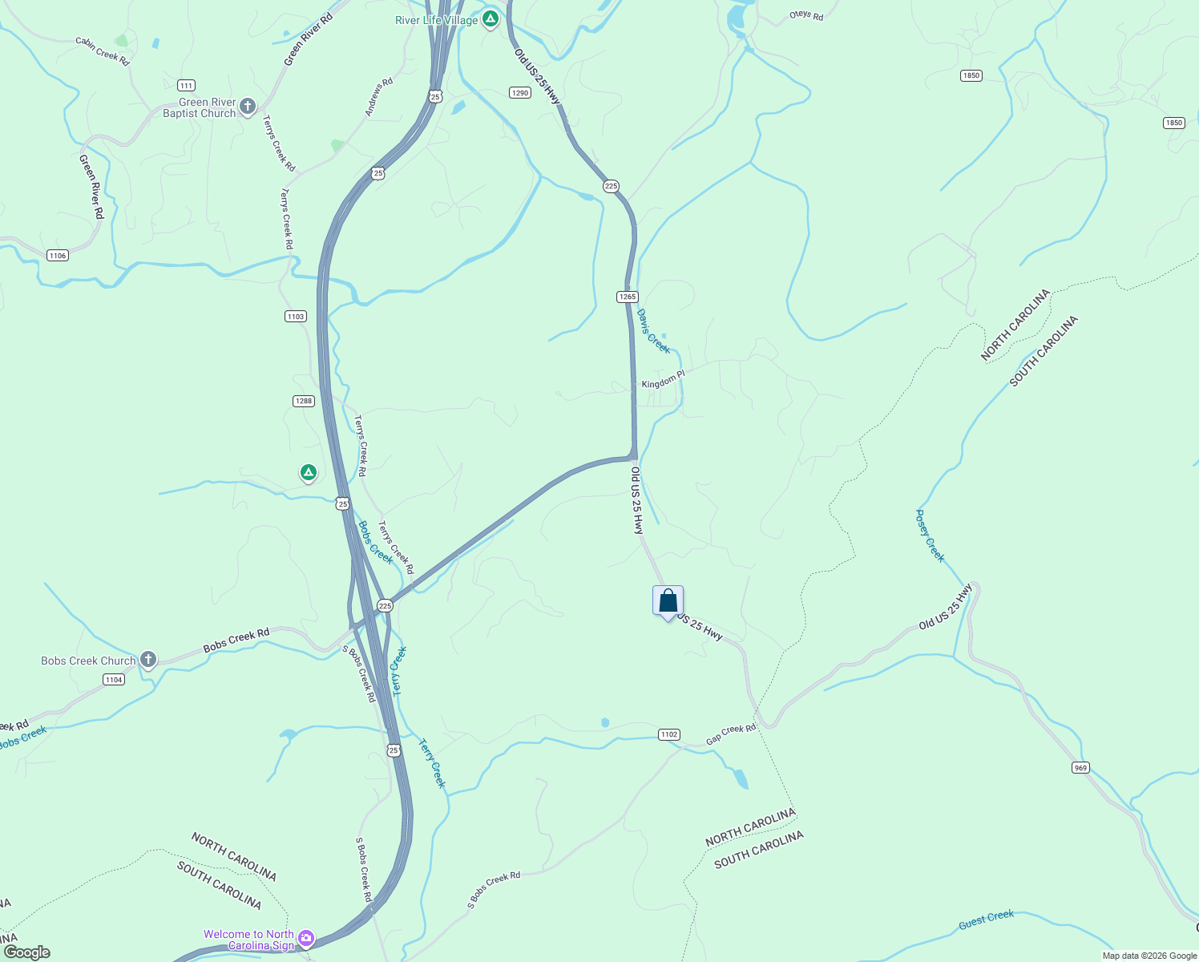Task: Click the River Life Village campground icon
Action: [490, 18]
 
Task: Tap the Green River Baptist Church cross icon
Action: [248, 106]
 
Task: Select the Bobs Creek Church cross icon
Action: [147, 660]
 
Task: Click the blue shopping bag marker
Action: [668, 600]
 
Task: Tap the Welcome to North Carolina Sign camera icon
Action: [306, 938]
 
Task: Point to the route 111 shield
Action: [186, 86]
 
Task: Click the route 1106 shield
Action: [57, 256]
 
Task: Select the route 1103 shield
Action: [296, 317]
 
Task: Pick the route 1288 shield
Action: [303, 401]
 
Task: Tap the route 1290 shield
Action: [520, 93]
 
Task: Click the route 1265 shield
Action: [628, 297]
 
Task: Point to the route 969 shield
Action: [1080, 768]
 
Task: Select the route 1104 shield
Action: [114, 680]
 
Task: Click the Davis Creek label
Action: [653, 331]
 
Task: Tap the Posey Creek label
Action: [931, 536]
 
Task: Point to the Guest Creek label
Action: [986, 920]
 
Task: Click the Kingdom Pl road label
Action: [663, 380]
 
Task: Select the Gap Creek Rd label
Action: [731, 734]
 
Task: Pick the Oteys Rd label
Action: [806, 15]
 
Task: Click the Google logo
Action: [26, 952]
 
